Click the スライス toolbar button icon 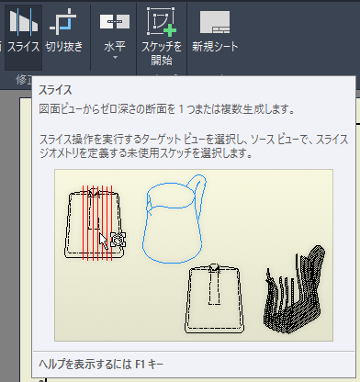(23, 23)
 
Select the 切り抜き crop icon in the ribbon (63, 21)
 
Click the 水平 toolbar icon (115, 21)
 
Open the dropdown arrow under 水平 (115, 58)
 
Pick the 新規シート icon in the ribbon (214, 21)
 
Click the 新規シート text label (214, 45)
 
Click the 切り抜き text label (63, 45)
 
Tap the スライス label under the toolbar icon (23, 45)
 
